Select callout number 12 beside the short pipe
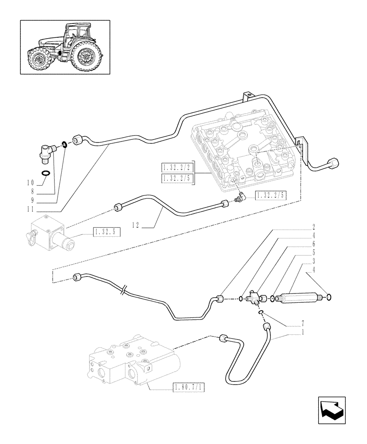tap(135, 226)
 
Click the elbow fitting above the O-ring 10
tap(46, 154)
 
